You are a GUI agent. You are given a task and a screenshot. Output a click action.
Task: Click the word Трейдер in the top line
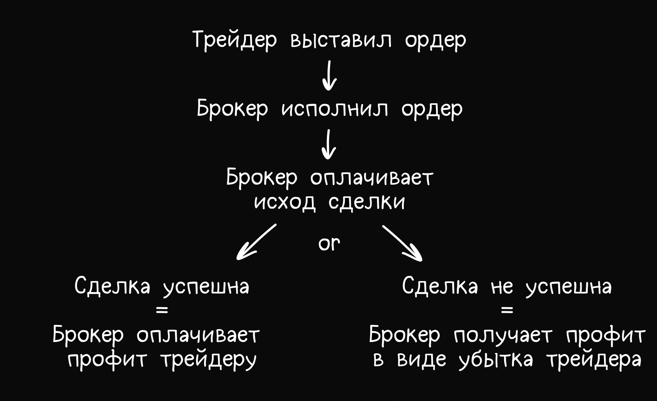point(235,40)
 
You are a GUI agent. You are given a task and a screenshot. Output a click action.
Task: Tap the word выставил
point(341,40)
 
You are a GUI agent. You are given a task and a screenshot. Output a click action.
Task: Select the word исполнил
point(335,109)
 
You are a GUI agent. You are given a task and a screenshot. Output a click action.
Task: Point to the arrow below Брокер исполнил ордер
point(328,145)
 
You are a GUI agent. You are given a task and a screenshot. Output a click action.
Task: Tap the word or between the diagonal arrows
point(329,244)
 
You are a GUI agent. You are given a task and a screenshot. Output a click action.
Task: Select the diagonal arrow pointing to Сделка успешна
point(256,242)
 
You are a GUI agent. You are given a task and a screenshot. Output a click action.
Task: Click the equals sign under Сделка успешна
point(162,311)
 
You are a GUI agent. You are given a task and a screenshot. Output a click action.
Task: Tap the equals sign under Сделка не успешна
point(507,311)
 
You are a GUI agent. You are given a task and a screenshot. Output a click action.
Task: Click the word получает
point(503,336)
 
